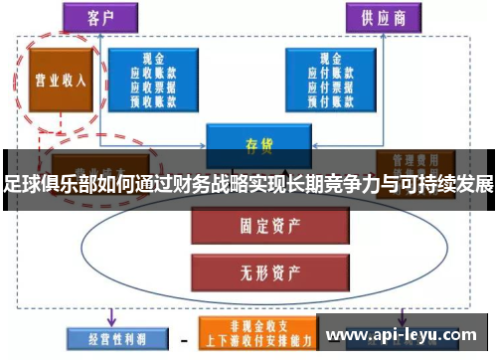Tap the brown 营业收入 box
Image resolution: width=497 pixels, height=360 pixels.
click(x=60, y=81)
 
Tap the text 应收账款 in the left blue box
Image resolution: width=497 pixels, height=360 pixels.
click(x=155, y=73)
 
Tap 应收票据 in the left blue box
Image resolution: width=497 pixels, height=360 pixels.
click(x=155, y=86)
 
